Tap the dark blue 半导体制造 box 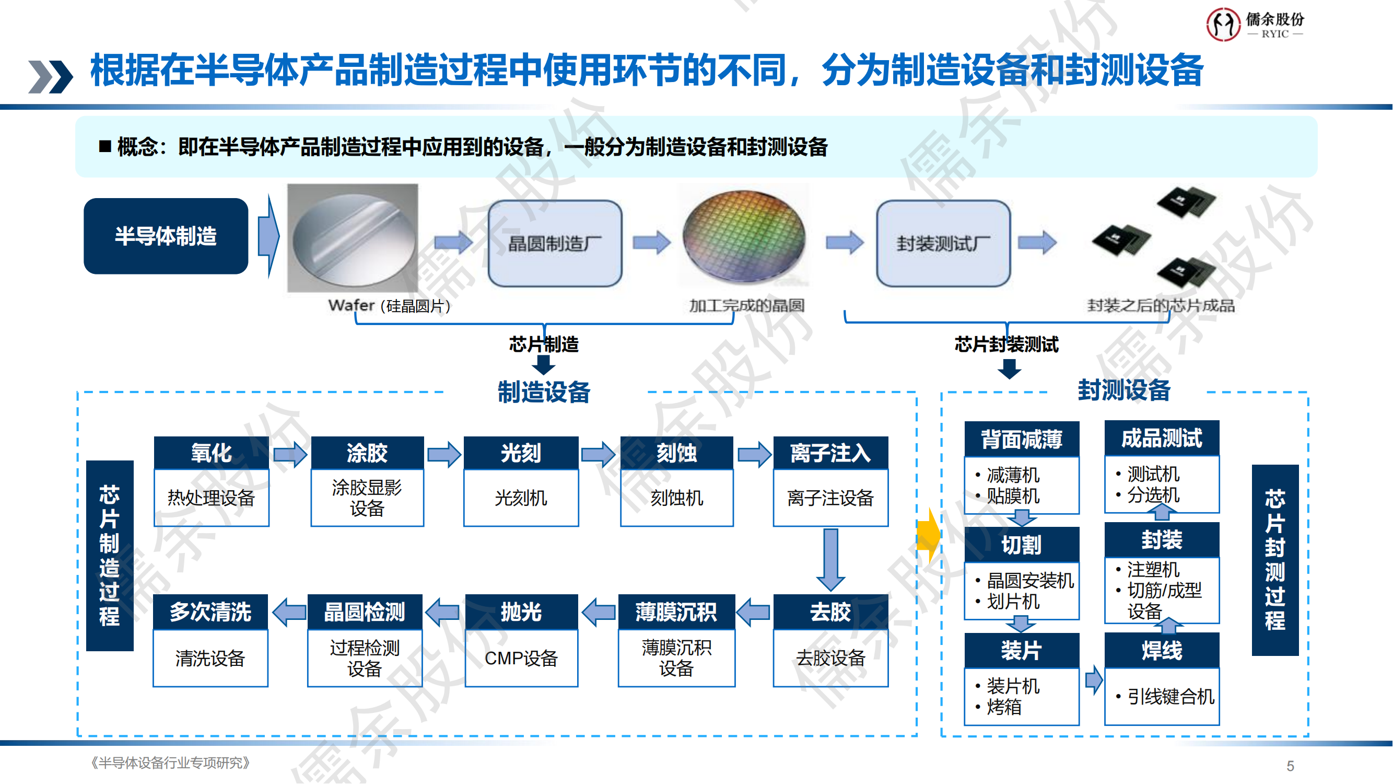tap(166, 236)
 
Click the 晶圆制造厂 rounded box tap(555, 244)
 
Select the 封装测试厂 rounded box tap(943, 244)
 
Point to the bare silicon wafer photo tap(353, 238)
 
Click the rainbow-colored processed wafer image tap(744, 236)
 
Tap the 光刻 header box tap(521, 453)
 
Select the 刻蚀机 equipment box tap(676, 498)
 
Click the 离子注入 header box tap(830, 453)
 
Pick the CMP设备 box tap(521, 659)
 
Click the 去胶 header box tap(830, 612)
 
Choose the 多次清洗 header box tap(210, 612)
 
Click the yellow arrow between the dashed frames tap(929, 536)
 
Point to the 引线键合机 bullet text tap(1169, 697)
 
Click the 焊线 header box tap(1162, 650)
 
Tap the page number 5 tap(1290, 766)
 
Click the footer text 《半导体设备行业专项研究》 tap(170, 763)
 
